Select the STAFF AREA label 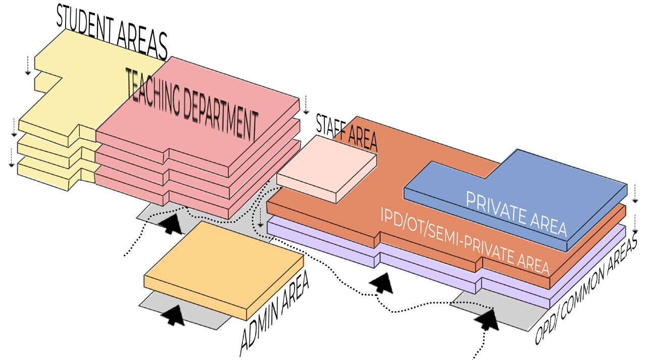pos(346,131)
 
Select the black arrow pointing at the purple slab pos(381,283)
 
